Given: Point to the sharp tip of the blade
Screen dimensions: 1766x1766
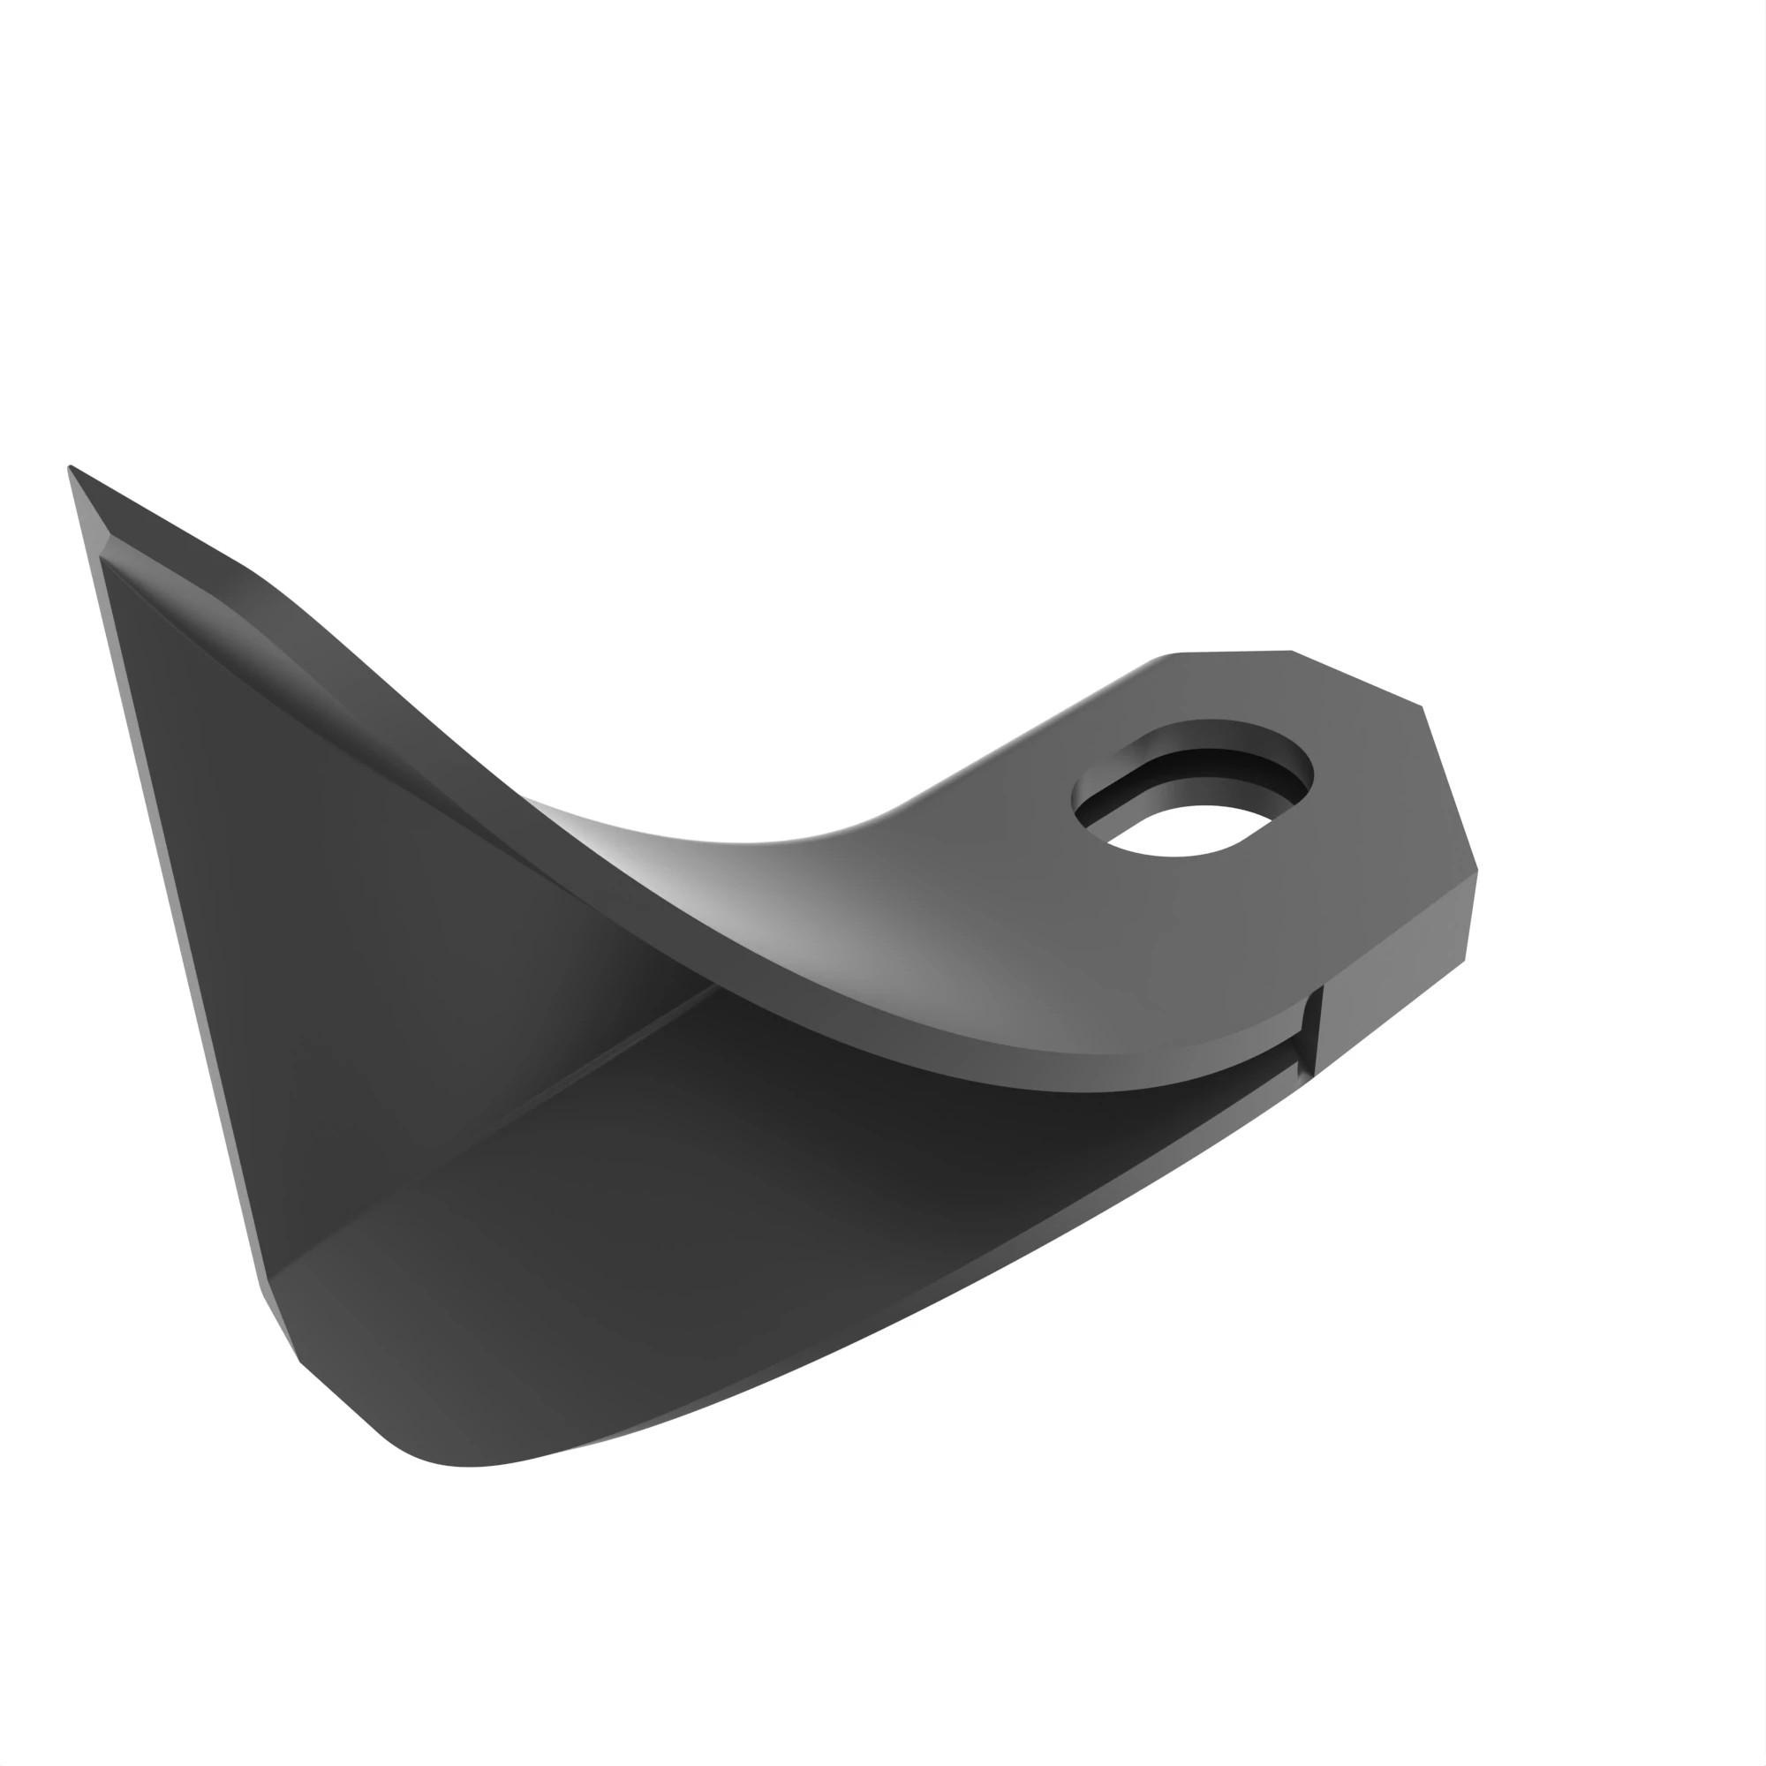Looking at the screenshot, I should (72, 469).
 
